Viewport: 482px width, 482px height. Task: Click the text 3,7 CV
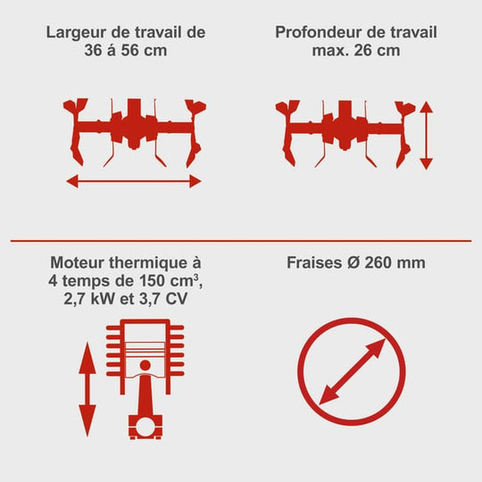(x=163, y=298)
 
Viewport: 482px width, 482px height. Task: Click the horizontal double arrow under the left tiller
(x=134, y=181)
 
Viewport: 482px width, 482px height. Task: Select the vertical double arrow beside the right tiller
(x=427, y=136)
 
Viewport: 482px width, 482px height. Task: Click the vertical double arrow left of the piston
(x=87, y=390)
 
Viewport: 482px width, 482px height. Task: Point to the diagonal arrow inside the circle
(x=352, y=371)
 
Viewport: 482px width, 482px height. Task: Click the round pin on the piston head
(x=145, y=365)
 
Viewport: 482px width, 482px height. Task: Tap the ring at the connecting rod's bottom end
(x=145, y=427)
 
